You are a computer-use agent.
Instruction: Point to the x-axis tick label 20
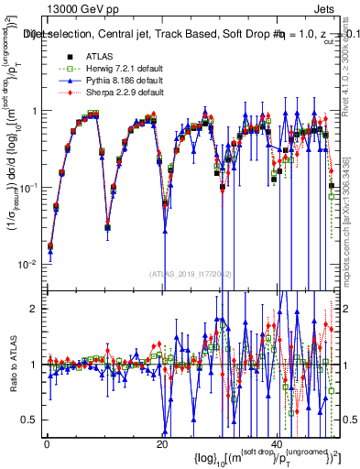coord(162,443)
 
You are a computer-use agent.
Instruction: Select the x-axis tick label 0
coord(46,443)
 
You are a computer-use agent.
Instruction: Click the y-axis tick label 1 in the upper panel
coord(36,111)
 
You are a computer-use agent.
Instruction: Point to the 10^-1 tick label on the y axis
coord(30,187)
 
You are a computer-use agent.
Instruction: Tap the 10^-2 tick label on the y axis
coord(30,264)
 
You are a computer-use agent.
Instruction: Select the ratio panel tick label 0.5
coord(31,420)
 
